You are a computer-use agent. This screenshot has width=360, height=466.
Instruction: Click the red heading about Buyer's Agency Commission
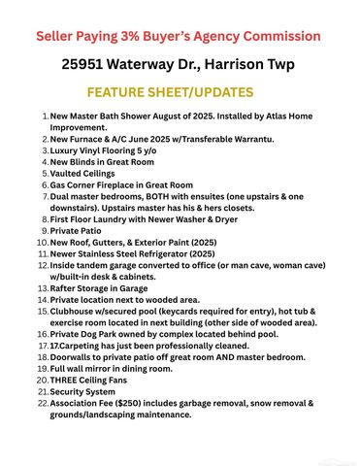[x=179, y=37]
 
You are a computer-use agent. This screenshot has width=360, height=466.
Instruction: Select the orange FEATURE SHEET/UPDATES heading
[x=171, y=93]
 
